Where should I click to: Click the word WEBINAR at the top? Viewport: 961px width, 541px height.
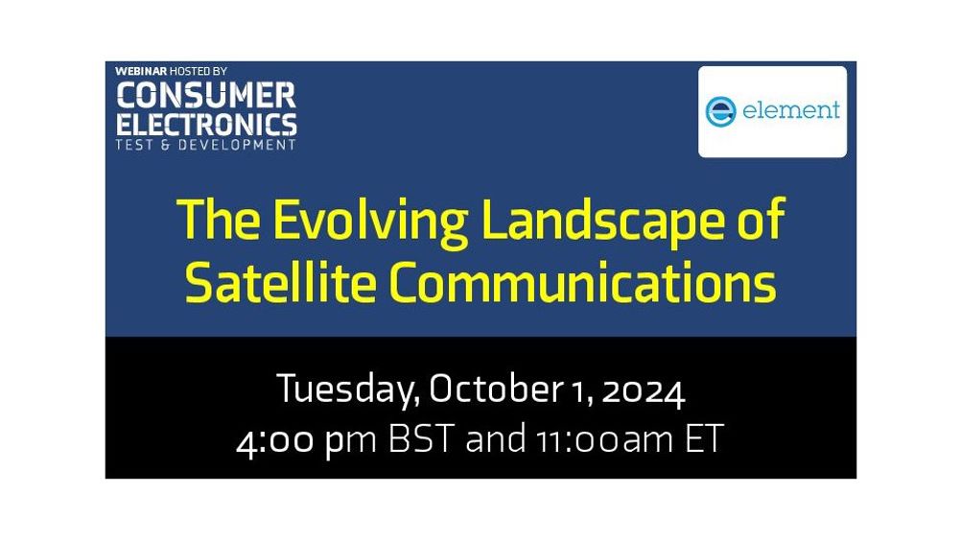click(x=141, y=72)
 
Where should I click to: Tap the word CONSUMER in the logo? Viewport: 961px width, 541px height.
click(x=206, y=95)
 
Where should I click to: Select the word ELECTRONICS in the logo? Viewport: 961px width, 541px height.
click(x=206, y=125)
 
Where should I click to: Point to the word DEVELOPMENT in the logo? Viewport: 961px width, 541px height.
click(x=237, y=145)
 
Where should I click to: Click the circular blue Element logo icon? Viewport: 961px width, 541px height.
click(x=720, y=111)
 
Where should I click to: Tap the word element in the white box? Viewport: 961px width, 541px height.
click(x=790, y=110)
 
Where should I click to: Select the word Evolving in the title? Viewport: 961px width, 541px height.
click(x=370, y=222)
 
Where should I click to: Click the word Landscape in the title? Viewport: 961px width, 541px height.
click(x=603, y=222)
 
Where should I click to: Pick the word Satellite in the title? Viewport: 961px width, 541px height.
click(x=280, y=282)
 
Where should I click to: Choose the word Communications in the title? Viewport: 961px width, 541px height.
click(x=583, y=282)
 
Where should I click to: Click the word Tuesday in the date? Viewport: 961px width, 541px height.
click(x=348, y=389)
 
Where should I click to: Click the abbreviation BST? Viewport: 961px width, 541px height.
click(x=422, y=438)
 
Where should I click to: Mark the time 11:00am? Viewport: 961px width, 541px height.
click(x=604, y=440)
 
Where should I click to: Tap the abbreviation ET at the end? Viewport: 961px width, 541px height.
click(x=704, y=438)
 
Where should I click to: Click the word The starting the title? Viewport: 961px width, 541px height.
click(x=218, y=220)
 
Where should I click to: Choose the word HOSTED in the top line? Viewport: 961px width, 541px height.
click(x=189, y=72)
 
